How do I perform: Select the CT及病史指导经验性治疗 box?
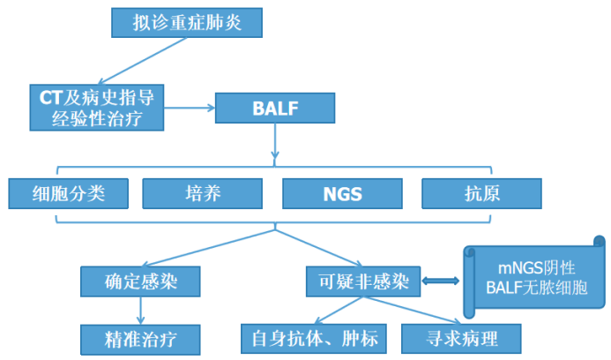(x=97, y=108)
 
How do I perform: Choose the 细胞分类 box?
(x=69, y=193)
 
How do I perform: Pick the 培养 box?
(x=203, y=193)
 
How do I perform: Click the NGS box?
(x=344, y=193)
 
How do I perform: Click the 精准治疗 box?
(x=140, y=337)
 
